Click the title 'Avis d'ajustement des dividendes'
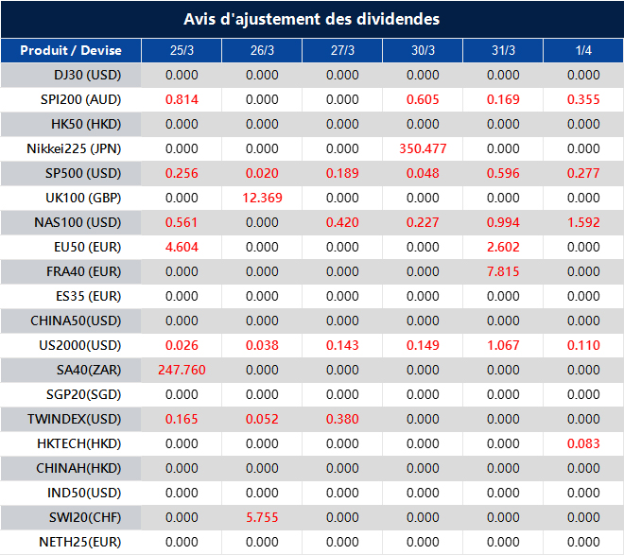(x=311, y=19)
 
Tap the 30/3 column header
(x=423, y=50)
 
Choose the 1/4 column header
(x=583, y=50)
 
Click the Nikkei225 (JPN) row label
(x=75, y=148)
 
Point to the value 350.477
(x=423, y=148)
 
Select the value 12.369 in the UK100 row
(x=262, y=198)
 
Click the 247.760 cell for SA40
(x=182, y=370)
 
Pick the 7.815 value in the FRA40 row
(x=503, y=271)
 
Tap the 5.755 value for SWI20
(x=262, y=517)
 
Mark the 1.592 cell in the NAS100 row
(x=583, y=222)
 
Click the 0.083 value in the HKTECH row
(x=583, y=443)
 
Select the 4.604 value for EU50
(x=182, y=247)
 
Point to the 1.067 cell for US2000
(x=503, y=345)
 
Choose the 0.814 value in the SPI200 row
(x=182, y=99)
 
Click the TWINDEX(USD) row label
(x=75, y=419)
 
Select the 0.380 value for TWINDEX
(x=342, y=419)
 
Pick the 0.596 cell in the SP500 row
(x=503, y=173)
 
